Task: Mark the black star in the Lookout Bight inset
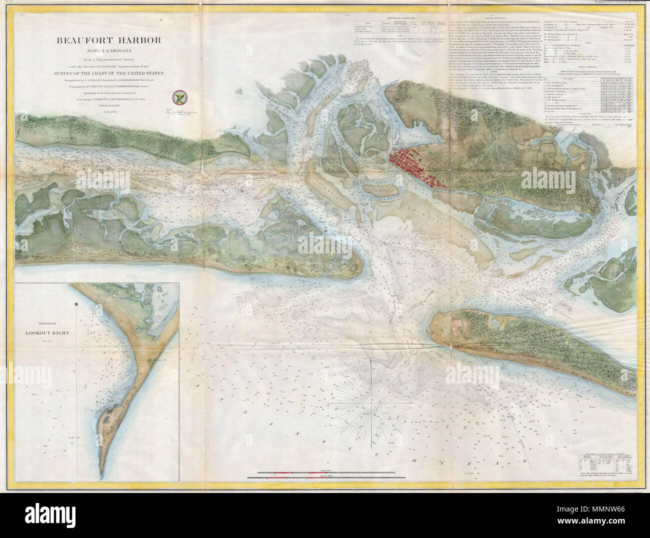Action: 76,304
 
